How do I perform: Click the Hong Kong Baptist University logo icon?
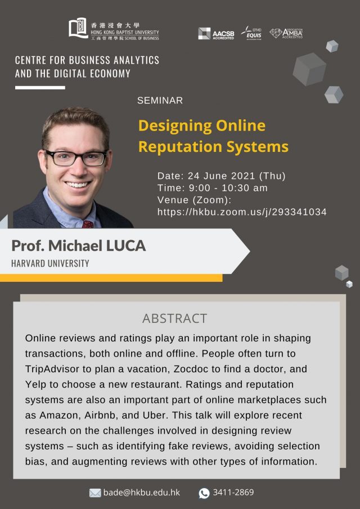pos(78,28)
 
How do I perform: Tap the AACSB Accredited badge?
pos(216,34)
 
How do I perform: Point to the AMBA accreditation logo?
pos(286,33)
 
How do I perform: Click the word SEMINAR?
pos(160,100)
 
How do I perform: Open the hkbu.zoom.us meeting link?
pos(242,212)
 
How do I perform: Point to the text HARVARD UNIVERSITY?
pos(50,263)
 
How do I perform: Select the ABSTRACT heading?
pos(174,318)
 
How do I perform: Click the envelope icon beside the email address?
pos(95,493)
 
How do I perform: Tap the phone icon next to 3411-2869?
pos(204,493)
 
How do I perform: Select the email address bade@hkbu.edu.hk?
pos(141,493)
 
